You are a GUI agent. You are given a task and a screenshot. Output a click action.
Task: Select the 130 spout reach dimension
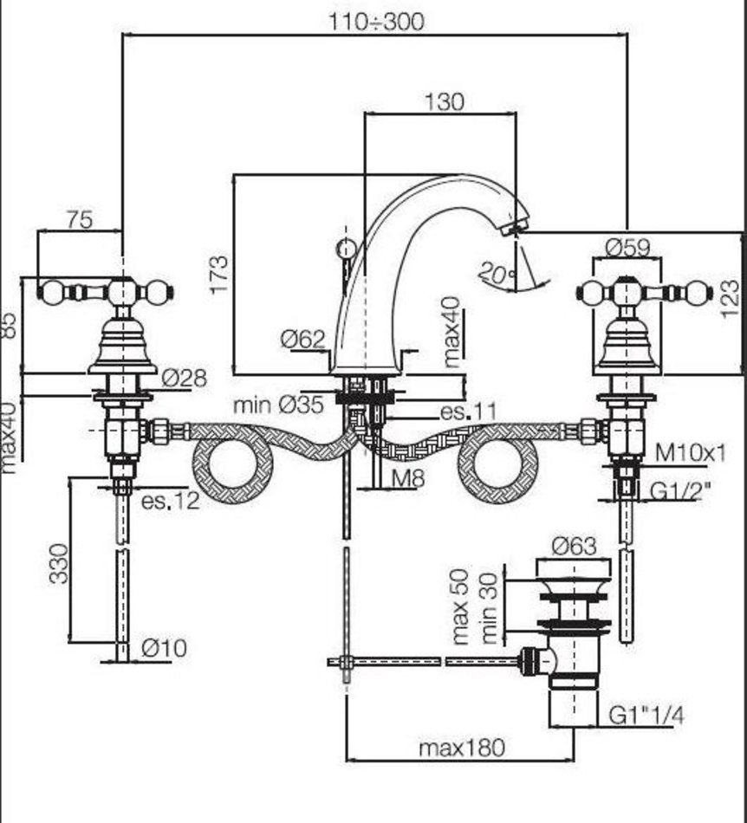point(445,101)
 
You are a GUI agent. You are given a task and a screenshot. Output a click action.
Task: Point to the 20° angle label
point(497,275)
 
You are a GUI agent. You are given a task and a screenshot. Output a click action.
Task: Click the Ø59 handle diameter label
point(627,247)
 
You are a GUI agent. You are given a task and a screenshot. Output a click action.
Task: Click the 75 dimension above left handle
point(79,219)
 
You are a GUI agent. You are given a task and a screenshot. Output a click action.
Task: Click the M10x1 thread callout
point(690,451)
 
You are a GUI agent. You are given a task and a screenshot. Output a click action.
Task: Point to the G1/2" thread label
point(680,490)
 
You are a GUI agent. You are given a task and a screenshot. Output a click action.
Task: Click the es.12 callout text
point(170,500)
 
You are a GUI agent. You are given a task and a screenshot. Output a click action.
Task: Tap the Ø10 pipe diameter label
point(164,647)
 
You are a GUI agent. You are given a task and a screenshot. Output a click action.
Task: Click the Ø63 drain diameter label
point(574,546)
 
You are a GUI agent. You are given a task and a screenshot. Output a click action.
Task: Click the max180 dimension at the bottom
point(460,748)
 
